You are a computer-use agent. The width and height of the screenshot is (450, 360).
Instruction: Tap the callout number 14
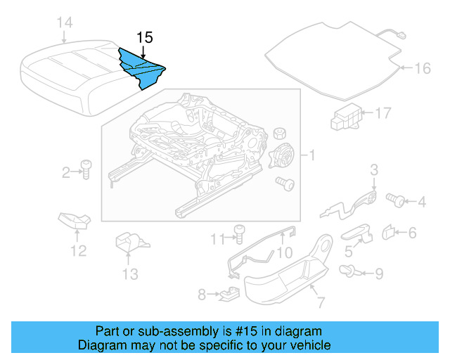(x=64, y=23)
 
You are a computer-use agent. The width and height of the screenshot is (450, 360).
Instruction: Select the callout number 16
(x=422, y=68)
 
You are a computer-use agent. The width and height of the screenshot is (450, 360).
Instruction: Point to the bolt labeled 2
(x=84, y=169)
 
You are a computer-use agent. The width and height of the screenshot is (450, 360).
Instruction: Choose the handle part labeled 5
(x=356, y=231)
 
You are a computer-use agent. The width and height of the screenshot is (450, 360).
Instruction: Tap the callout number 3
(x=374, y=169)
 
